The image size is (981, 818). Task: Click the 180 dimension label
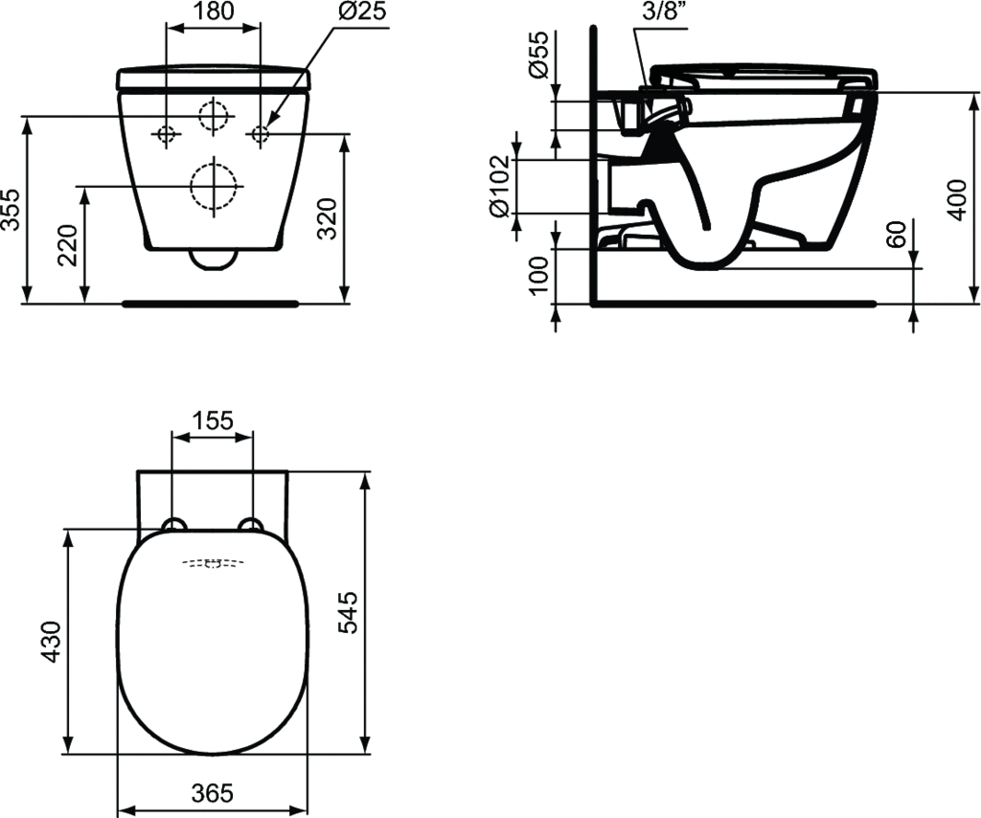click(214, 11)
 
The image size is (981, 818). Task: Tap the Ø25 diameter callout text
click(363, 11)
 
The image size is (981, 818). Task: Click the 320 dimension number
click(328, 218)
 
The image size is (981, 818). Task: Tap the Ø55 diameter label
click(538, 55)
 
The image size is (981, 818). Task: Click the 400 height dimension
click(957, 199)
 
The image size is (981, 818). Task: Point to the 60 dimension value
click(896, 234)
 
